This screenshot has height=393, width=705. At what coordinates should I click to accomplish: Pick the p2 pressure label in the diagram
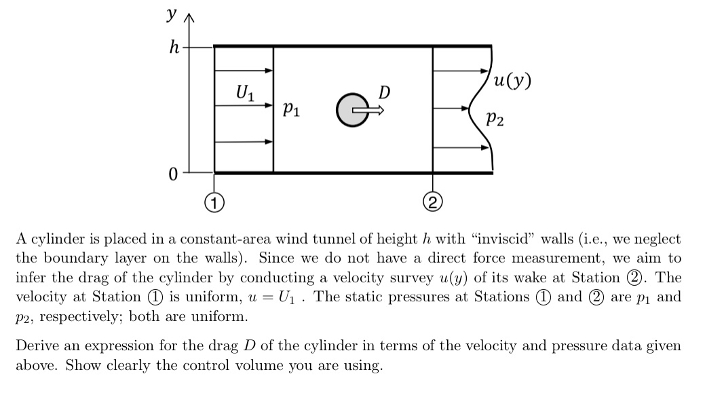pyautogui.click(x=495, y=120)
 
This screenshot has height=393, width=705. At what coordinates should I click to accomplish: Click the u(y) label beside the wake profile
pyautogui.click(x=512, y=82)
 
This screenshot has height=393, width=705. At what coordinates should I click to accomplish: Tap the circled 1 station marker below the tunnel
pyautogui.click(x=214, y=201)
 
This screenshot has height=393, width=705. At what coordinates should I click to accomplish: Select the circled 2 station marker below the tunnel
pyautogui.click(x=432, y=201)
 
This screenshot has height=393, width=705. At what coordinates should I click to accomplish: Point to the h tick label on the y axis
pyautogui.click(x=175, y=48)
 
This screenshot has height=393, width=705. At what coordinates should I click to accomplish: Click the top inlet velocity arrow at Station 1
pyautogui.click(x=244, y=70)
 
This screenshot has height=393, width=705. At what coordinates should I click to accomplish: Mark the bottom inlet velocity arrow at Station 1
pyautogui.click(x=244, y=142)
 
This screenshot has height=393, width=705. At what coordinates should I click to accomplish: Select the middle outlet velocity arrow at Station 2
pyautogui.click(x=452, y=108)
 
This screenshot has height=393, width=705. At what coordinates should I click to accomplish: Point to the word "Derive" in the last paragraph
pyautogui.click(x=36, y=346)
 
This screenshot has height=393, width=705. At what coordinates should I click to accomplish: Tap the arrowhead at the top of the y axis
pyautogui.click(x=189, y=18)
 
